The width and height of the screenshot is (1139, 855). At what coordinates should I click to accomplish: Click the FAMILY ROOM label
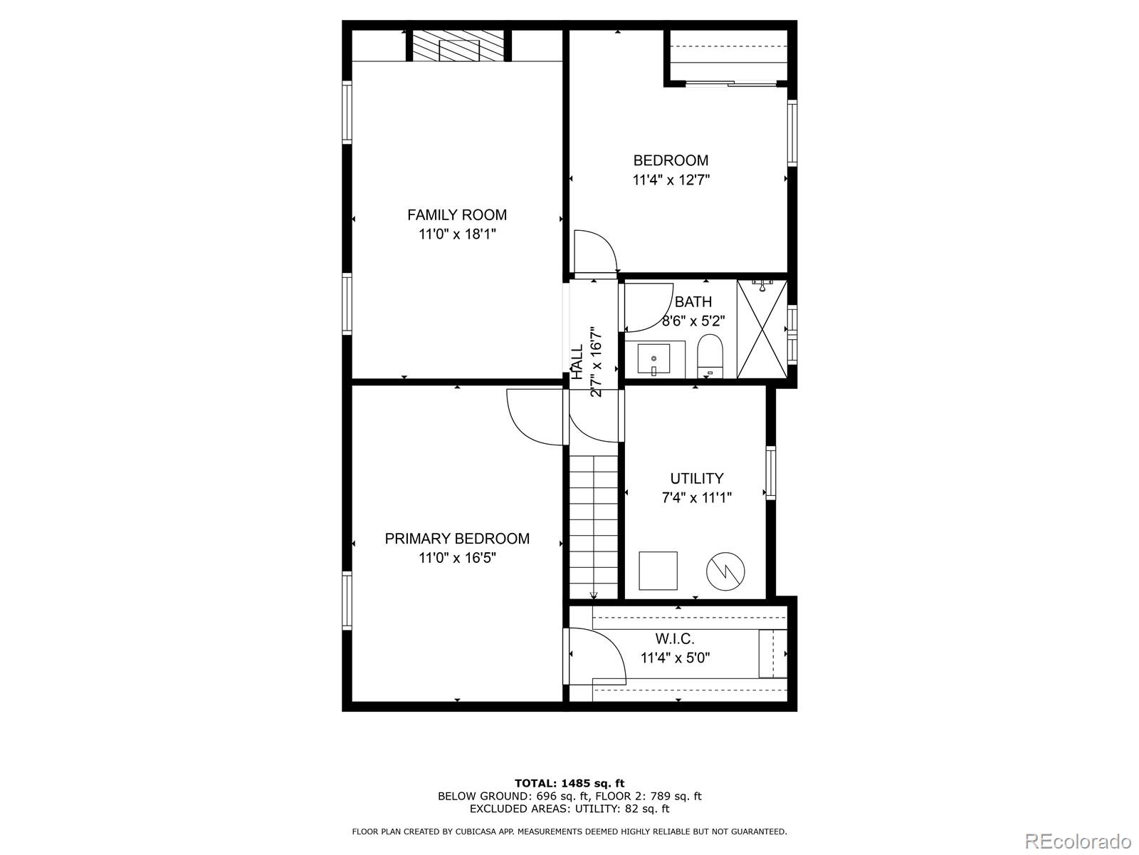tap(457, 214)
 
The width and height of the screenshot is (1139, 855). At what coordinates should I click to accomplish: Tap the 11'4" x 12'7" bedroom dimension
tap(671, 180)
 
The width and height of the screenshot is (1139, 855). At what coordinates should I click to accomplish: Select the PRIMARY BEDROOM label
tap(457, 539)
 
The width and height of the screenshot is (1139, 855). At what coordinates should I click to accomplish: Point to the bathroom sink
tap(654, 359)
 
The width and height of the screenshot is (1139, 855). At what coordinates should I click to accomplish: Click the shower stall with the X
tap(762, 329)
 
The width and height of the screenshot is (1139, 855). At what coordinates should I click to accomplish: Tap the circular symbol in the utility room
tap(725, 571)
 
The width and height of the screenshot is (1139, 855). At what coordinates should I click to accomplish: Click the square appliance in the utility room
tap(658, 570)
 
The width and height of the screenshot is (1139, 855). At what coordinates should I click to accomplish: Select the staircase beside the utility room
tap(594, 527)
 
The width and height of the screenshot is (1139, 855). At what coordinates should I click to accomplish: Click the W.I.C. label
tap(674, 639)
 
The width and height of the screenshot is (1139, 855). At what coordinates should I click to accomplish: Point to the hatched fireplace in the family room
tap(459, 46)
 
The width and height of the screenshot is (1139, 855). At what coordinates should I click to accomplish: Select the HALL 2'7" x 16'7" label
tap(587, 362)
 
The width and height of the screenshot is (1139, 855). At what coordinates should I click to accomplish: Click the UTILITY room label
tap(696, 479)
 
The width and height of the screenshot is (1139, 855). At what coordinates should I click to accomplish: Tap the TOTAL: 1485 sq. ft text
tap(569, 783)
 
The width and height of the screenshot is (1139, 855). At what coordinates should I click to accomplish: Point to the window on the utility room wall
tap(770, 472)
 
